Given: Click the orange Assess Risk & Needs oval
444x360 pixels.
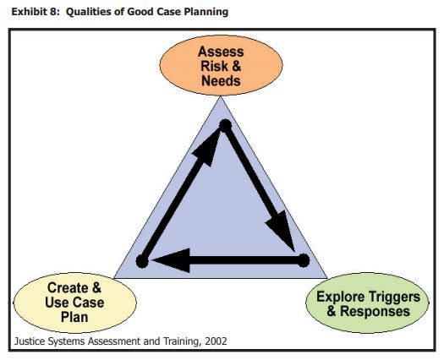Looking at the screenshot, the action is [221, 65].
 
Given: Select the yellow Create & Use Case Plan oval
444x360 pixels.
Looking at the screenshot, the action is [74, 303].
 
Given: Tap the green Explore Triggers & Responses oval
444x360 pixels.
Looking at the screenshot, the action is [367, 303].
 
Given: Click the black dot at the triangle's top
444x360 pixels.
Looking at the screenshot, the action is [226, 126].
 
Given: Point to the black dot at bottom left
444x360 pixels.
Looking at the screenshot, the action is [142, 261].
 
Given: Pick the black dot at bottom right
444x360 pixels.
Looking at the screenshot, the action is [304, 260].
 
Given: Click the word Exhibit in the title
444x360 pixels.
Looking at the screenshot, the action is [25, 12].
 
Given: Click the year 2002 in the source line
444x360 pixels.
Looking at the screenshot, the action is [216, 341].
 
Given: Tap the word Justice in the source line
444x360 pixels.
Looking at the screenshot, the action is [30, 341].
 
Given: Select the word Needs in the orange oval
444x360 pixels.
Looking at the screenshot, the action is [221, 80].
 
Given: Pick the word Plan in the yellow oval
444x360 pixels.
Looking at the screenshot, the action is [74, 317].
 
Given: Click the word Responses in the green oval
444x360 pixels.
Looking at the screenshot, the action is [375, 311].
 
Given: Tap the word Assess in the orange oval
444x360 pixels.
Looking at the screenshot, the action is [221, 52].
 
